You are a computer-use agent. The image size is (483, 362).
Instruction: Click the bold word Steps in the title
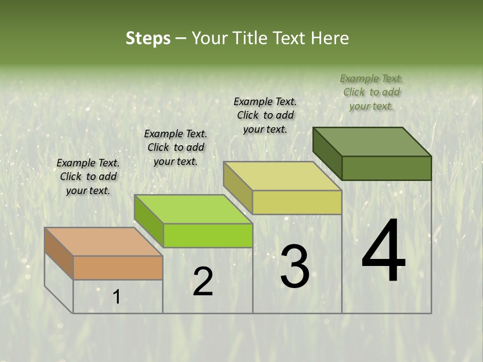pos(148,38)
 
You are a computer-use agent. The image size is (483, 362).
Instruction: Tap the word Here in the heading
pos(330,38)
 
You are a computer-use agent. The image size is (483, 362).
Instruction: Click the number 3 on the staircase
pos(295,266)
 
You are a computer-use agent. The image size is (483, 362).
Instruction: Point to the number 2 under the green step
pos(203,282)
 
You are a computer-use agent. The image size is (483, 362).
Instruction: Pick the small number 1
pos(116,297)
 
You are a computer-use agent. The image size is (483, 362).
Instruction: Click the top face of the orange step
pos(103,241)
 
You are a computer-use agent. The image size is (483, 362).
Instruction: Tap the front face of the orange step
pos(118,267)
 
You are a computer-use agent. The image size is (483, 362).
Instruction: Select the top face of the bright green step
pos(193,209)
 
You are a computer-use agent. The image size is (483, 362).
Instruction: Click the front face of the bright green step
pos(208,235)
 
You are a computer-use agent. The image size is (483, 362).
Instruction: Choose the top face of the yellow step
pos(282,176)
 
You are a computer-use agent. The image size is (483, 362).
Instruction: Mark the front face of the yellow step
pos(297,202)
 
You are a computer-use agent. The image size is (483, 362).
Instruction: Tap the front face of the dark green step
pos(386,168)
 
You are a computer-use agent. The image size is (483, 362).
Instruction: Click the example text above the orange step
pos(88,176)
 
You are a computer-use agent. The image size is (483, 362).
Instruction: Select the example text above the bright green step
pos(176,147)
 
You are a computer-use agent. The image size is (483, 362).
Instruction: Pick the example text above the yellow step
pos(265,115)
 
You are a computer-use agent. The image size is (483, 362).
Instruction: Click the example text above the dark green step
pos(371,92)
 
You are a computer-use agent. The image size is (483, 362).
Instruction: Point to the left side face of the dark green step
pos(327,153)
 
